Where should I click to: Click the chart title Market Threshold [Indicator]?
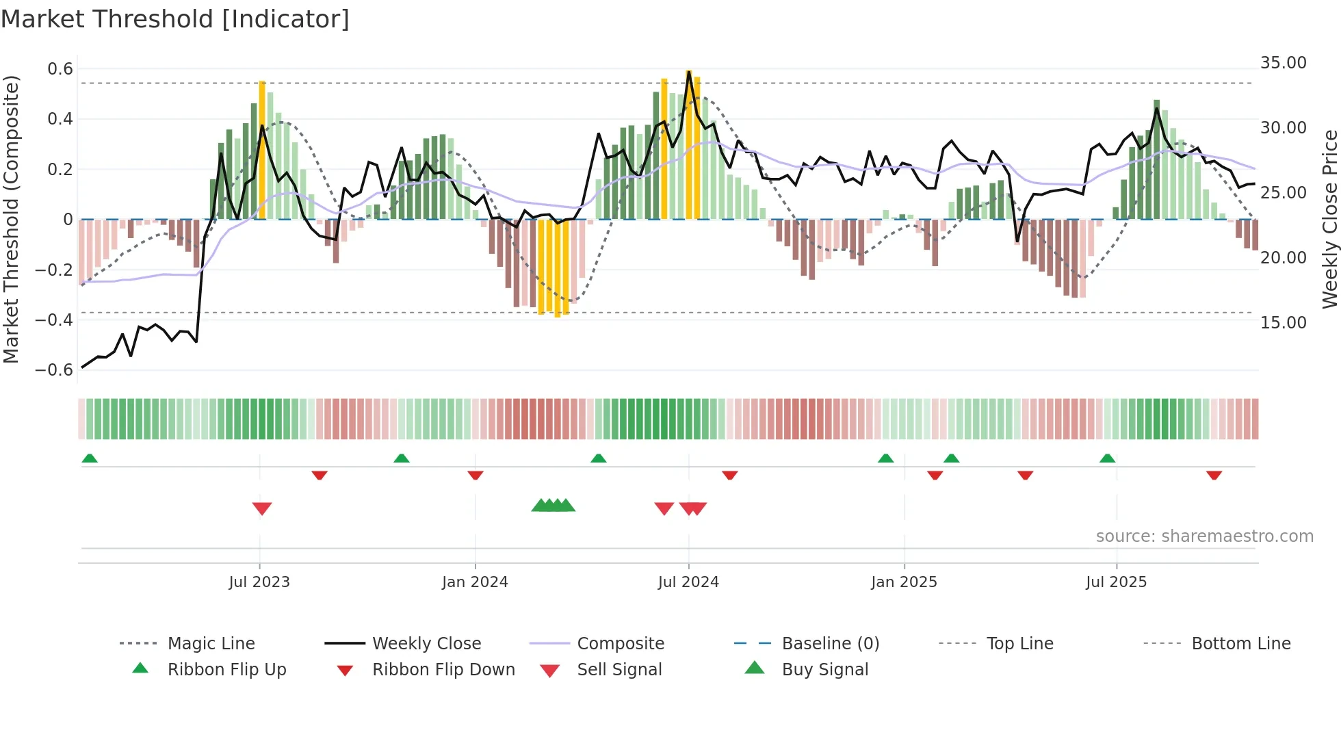(175, 19)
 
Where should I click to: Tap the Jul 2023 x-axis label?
(259, 582)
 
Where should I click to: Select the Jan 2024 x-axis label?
(475, 582)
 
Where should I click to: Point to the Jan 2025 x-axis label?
(904, 582)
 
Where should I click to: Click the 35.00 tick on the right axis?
(1283, 63)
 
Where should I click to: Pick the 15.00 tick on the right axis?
(1283, 322)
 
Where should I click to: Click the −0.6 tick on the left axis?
(55, 370)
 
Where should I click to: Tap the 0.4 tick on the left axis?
(60, 119)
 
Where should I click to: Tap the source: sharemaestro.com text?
(1204, 536)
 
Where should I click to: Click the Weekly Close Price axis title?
(1329, 219)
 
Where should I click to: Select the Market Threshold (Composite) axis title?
(11, 219)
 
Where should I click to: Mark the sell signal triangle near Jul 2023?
(262, 508)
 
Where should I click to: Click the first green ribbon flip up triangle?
(90, 458)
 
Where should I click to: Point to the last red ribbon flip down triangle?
(1214, 476)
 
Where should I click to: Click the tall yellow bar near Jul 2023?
(262, 151)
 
